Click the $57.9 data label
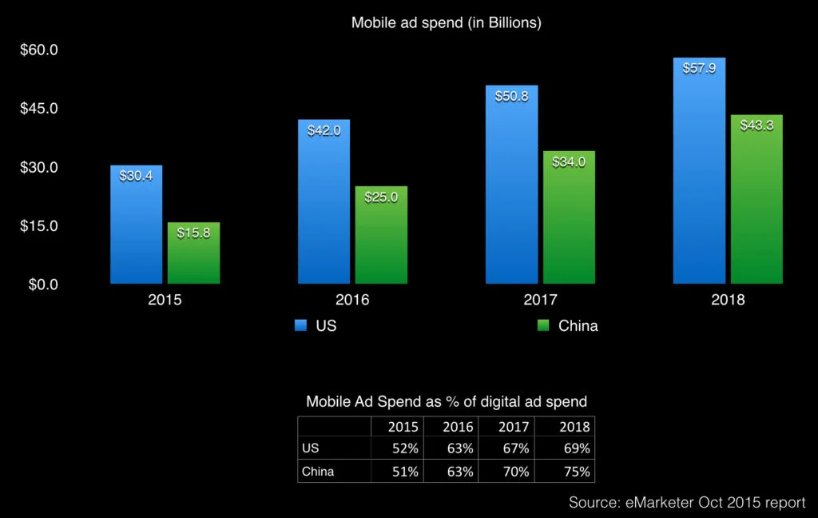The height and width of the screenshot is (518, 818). (x=699, y=68)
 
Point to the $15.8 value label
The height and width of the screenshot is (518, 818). (x=193, y=233)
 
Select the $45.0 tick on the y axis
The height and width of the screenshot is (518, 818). (x=39, y=108)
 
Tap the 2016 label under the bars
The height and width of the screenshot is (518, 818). (x=352, y=301)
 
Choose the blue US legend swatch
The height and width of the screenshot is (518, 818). (x=300, y=325)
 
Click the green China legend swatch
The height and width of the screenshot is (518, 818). (x=543, y=325)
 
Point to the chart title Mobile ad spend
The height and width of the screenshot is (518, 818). (x=447, y=23)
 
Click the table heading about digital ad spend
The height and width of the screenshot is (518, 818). (x=447, y=401)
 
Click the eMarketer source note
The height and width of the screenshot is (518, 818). (x=687, y=502)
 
